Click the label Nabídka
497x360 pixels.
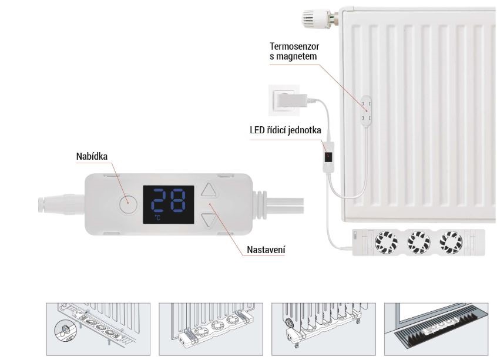(x=92, y=156)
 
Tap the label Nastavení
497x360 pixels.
(x=266, y=250)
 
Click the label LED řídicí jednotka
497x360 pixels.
(x=286, y=130)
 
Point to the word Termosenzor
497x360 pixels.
(x=293, y=46)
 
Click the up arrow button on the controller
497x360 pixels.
(x=209, y=190)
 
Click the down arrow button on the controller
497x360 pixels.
(x=209, y=220)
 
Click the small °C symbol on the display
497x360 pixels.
(x=157, y=218)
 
